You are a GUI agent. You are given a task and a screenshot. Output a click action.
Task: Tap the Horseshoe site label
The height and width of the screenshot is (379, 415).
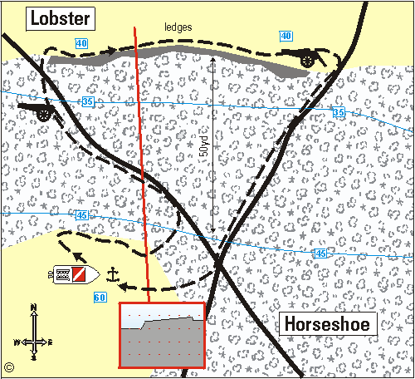[x=329, y=324]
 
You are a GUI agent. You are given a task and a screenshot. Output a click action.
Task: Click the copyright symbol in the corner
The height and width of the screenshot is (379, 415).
[x=9, y=366]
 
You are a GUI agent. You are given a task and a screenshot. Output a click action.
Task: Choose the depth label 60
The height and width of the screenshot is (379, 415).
[x=100, y=298]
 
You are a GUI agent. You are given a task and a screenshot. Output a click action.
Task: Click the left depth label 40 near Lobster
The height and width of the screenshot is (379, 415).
[x=81, y=43]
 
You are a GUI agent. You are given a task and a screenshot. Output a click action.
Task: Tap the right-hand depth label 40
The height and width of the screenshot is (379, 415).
[x=286, y=36]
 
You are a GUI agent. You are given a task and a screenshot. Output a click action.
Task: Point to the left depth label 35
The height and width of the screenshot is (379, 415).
[x=88, y=101]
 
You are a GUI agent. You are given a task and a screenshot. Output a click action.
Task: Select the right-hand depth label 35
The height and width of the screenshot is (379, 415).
[x=338, y=112]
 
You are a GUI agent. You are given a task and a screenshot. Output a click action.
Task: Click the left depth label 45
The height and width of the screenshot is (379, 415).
[x=81, y=216]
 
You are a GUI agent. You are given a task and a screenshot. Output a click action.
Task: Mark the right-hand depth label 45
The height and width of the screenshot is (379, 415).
[x=320, y=253]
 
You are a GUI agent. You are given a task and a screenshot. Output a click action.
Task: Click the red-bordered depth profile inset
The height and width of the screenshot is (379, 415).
[x=162, y=336]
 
